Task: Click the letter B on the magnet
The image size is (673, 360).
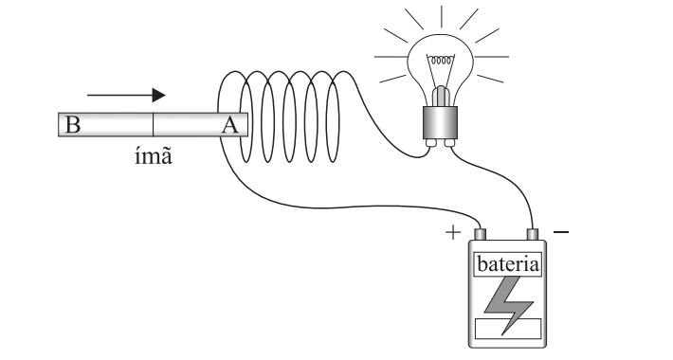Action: click(73, 124)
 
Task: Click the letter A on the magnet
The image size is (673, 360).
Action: click(230, 124)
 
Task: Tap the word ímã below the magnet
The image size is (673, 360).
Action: click(154, 155)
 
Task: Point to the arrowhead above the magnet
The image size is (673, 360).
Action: click(159, 96)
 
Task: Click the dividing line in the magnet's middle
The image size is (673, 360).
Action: click(153, 124)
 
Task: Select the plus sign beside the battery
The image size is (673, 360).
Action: click(453, 232)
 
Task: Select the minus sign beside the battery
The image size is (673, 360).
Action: click(561, 232)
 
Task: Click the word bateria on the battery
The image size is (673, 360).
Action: click(508, 264)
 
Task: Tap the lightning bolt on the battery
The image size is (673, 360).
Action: click(508, 305)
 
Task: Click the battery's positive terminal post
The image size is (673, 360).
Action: click(480, 234)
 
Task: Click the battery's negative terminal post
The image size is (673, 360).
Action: click(532, 234)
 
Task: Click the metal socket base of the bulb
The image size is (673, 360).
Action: click(440, 122)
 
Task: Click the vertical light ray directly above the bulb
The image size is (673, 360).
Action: click(441, 16)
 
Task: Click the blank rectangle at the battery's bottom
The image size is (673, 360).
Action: click(508, 329)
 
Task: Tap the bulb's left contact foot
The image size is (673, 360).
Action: click(431, 142)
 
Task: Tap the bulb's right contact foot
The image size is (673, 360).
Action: click(449, 142)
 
